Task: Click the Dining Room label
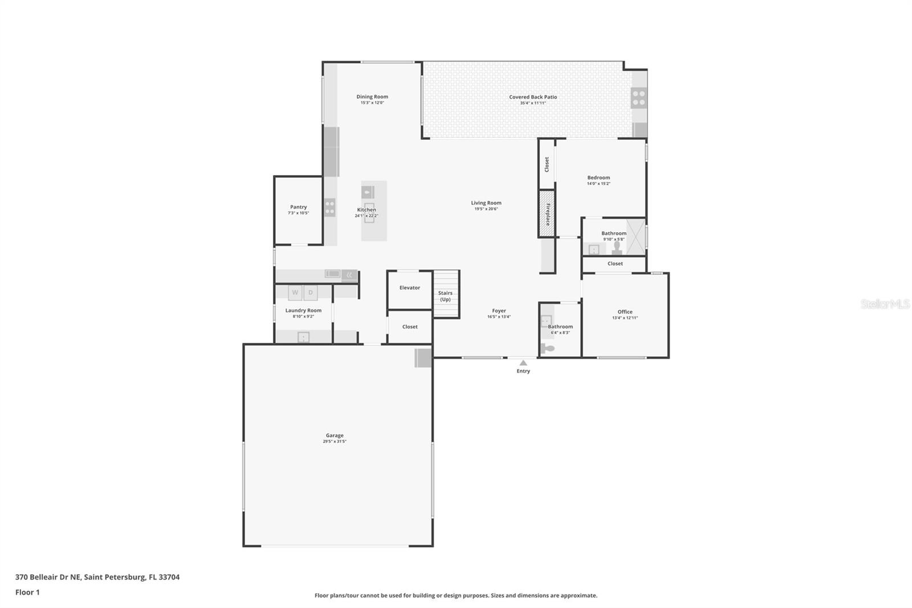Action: pos(372,97)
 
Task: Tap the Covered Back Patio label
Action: pos(533,97)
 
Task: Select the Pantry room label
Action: pos(298,207)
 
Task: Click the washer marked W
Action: pos(295,293)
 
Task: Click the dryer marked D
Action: pos(311,293)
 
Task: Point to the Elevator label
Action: pos(409,288)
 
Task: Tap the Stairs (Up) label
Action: pos(445,296)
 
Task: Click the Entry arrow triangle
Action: pos(523,363)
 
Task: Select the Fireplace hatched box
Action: pos(547,214)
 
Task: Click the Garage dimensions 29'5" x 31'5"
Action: pos(335,441)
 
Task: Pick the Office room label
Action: pos(625,312)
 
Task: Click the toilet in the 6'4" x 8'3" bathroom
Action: pos(548,348)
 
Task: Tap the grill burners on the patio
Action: pos(638,98)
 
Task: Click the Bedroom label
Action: pos(598,178)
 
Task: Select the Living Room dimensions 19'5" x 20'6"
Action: pos(486,209)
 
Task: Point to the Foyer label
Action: pos(499,311)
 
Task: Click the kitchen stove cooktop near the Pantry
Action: pos(329,207)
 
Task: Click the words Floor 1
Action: pos(27,592)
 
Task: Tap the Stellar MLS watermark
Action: pos(885,304)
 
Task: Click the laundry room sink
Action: pos(303,337)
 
